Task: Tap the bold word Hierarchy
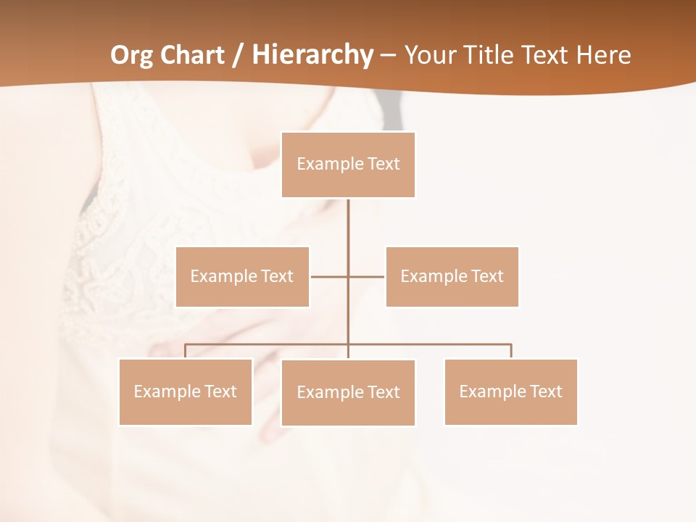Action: coord(312,55)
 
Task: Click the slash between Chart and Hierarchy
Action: coord(237,55)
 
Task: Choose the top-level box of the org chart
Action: coord(348,165)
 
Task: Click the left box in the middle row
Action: coord(242,276)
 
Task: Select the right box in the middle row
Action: coord(452,276)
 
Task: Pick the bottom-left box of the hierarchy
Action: coord(185,391)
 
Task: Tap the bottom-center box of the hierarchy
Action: coord(348,392)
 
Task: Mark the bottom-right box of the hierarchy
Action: coord(510,391)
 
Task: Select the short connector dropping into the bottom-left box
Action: coord(185,352)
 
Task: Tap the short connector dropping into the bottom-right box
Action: coord(511,352)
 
